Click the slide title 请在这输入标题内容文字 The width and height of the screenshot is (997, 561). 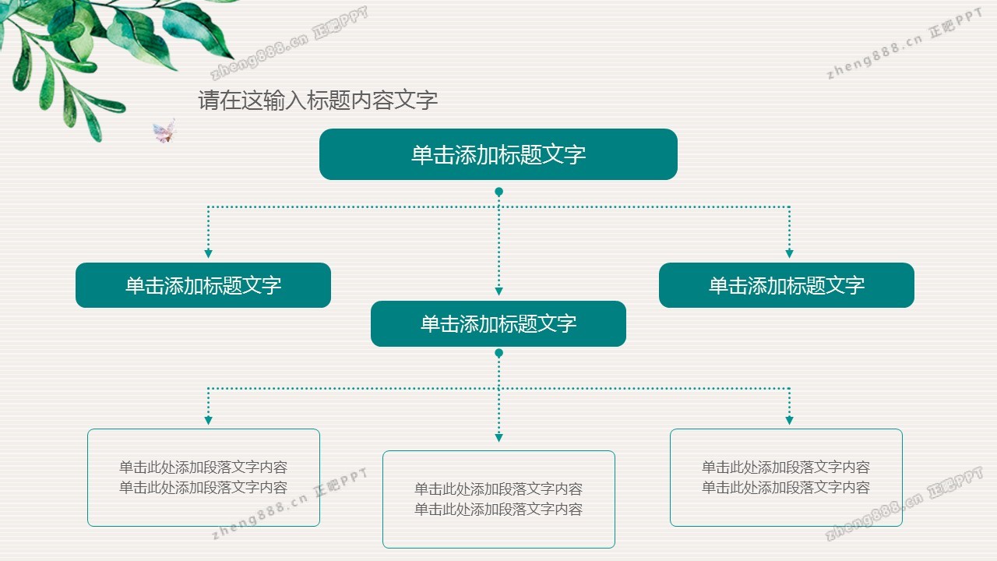click(x=318, y=100)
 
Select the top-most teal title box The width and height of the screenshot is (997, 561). click(x=498, y=154)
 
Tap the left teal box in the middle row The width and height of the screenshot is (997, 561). click(x=203, y=285)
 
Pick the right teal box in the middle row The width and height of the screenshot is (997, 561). click(x=787, y=285)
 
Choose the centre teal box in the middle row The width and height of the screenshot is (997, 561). click(x=498, y=323)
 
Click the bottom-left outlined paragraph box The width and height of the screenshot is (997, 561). click(x=203, y=477)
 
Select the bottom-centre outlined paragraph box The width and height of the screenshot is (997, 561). click(x=498, y=499)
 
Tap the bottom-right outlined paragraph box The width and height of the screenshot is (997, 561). click(x=786, y=477)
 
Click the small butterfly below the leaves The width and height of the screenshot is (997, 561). click(x=164, y=132)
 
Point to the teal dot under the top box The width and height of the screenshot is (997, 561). click(x=498, y=192)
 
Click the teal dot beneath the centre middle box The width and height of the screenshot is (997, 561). click(x=498, y=353)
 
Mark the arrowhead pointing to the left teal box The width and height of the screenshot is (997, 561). click(x=208, y=253)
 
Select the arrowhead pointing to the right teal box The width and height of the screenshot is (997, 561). click(x=789, y=253)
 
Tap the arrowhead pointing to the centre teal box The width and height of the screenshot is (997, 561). click(x=498, y=291)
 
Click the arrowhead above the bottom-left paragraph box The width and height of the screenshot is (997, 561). click(x=208, y=421)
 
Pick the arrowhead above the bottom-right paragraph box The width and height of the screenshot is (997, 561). click(x=789, y=421)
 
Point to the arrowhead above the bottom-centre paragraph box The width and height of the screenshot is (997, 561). click(x=498, y=438)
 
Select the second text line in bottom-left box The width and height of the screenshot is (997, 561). click(x=203, y=488)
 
